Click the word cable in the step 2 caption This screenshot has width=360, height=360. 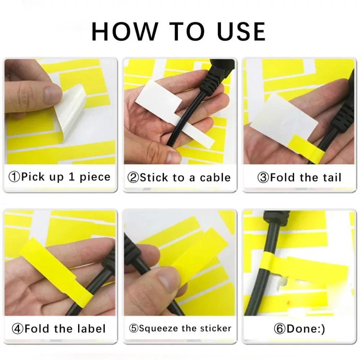(215, 177)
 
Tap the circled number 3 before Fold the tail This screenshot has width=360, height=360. (263, 177)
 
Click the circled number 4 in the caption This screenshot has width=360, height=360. (17, 329)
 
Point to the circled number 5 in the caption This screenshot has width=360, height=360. (134, 328)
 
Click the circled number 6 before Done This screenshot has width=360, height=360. (280, 329)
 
